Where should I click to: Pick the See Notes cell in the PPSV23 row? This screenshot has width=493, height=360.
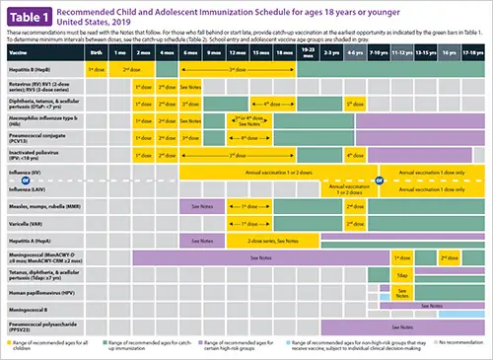(401, 325)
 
